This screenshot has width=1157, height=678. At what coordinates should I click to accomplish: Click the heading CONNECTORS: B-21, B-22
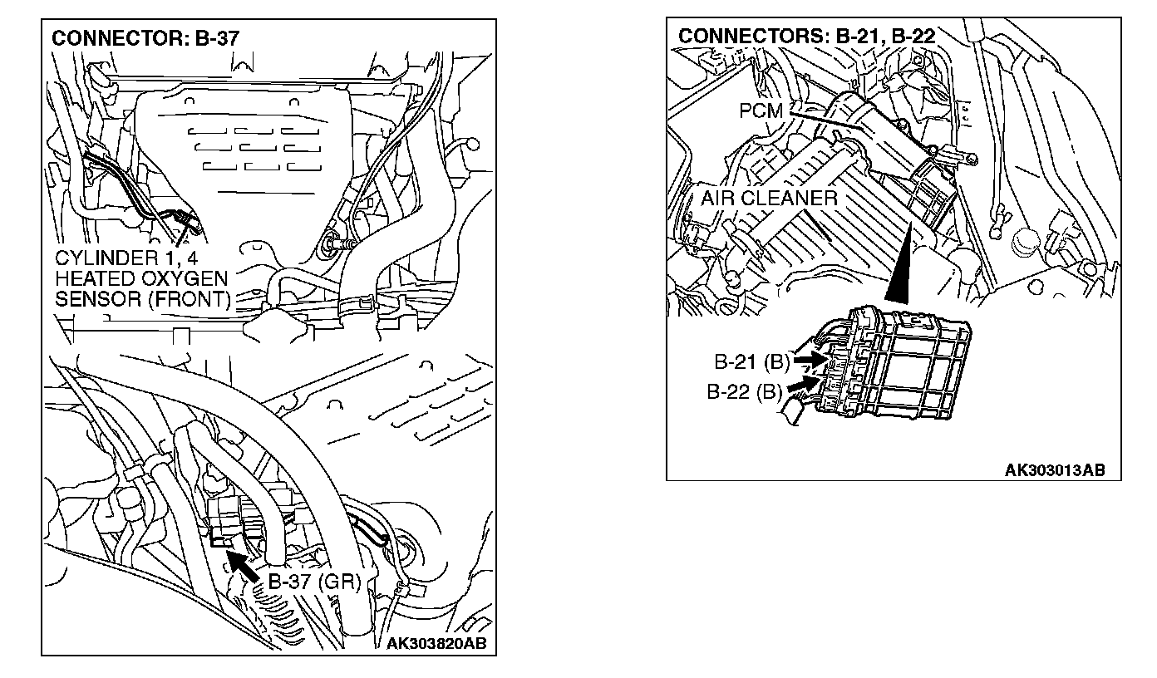tap(807, 36)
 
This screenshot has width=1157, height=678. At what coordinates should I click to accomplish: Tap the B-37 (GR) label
tap(314, 581)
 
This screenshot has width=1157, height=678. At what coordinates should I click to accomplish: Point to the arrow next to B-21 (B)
tap(808, 361)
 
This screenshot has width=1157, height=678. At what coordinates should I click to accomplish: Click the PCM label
tap(761, 110)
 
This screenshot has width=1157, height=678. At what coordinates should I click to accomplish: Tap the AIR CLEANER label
tap(769, 199)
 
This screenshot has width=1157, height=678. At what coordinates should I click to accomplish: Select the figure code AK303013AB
tap(1055, 469)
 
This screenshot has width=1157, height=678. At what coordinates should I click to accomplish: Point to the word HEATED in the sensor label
tap(91, 277)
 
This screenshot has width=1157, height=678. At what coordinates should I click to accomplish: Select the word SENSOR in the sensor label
tap(90, 298)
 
